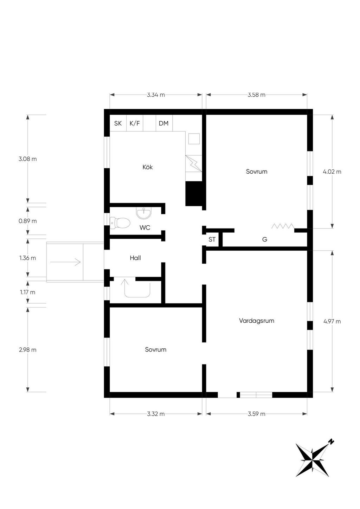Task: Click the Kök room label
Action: click(148, 167)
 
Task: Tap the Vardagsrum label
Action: click(257, 321)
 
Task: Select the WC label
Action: click(145, 227)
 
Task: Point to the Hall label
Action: click(135, 258)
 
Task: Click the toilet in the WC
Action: click(120, 223)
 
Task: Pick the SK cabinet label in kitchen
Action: click(118, 123)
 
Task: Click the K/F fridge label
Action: click(135, 123)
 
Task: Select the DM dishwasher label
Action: click(163, 123)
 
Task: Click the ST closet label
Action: click(212, 239)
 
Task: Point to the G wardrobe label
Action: click(264, 239)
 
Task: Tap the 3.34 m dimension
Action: click(156, 95)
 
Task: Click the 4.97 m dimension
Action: click(332, 321)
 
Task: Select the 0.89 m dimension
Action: click(28, 221)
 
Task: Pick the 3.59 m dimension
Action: click(257, 414)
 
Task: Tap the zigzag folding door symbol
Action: click(283, 226)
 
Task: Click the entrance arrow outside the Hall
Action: click(65, 262)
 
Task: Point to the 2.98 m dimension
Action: click(28, 350)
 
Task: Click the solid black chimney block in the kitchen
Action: click(194, 194)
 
